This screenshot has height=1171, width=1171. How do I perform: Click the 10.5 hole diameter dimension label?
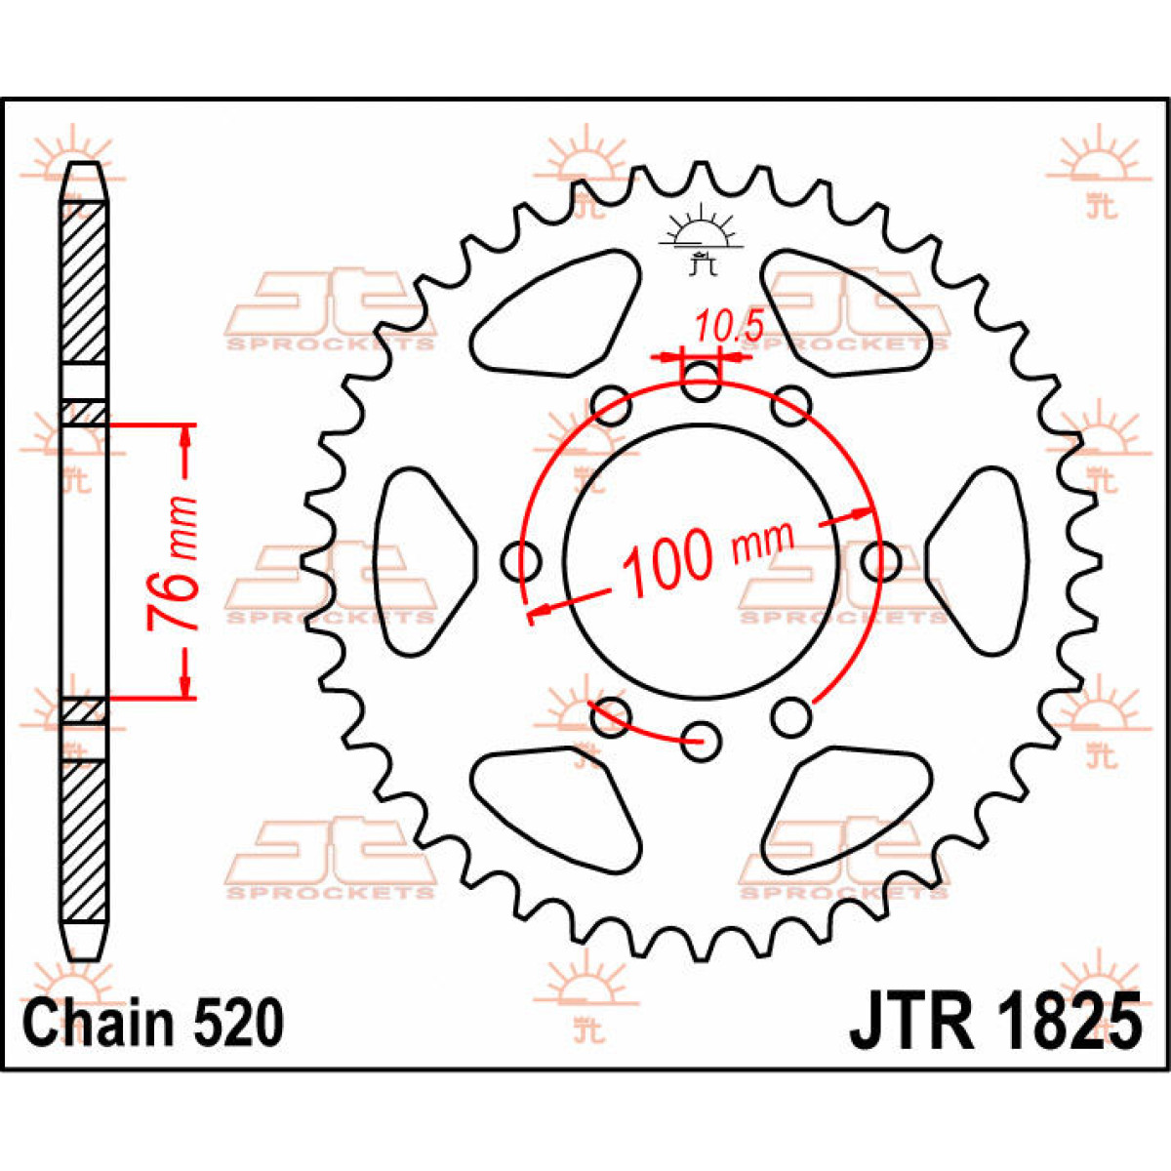tap(729, 327)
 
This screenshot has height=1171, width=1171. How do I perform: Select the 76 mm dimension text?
tap(173, 562)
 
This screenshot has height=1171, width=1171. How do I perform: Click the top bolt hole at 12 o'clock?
tap(701, 381)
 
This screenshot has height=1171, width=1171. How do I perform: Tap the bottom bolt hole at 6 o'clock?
tap(701, 741)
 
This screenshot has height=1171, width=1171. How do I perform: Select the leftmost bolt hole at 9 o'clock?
tap(521, 561)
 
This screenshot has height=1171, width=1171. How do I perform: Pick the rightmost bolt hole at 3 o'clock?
tap(880, 561)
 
